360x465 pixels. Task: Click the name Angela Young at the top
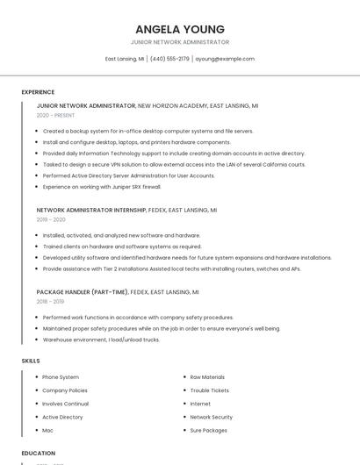[179, 29]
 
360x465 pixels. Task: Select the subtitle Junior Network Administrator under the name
[179, 42]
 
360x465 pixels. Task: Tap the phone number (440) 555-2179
[169, 59]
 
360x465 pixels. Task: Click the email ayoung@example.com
[225, 59]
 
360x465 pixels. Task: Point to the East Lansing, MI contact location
[125, 59]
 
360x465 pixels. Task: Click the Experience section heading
[38, 91]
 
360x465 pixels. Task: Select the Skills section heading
[31, 361]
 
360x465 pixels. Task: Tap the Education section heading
[39, 453]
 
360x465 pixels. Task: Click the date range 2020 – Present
[55, 115]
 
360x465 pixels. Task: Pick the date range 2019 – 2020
[51, 219]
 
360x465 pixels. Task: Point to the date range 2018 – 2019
[50, 301]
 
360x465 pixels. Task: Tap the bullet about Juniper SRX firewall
[102, 187]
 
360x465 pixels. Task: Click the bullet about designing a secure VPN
[174, 164]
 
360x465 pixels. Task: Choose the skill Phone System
[61, 377]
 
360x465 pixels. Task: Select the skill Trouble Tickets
[209, 390]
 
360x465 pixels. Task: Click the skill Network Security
[211, 417]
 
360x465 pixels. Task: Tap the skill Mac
[48, 431]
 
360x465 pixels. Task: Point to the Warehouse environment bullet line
[101, 340]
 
